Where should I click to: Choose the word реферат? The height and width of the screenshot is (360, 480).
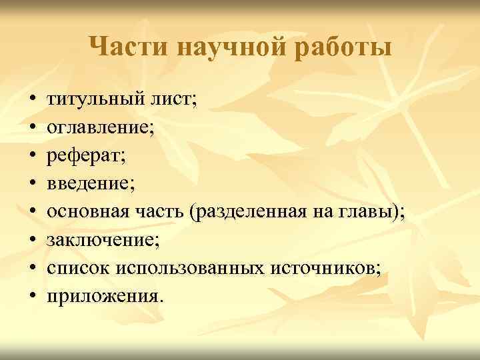click(77, 155)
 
